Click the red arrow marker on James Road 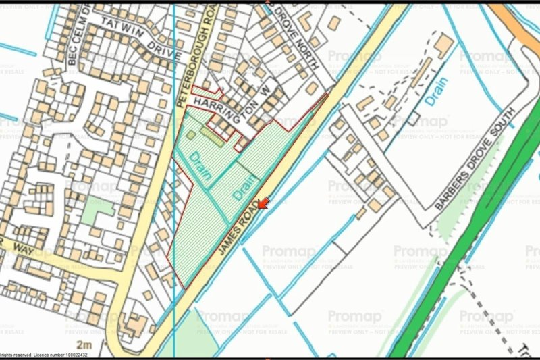263,203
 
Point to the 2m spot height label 84,345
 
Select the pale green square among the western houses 98,211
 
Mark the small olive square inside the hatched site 191,134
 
